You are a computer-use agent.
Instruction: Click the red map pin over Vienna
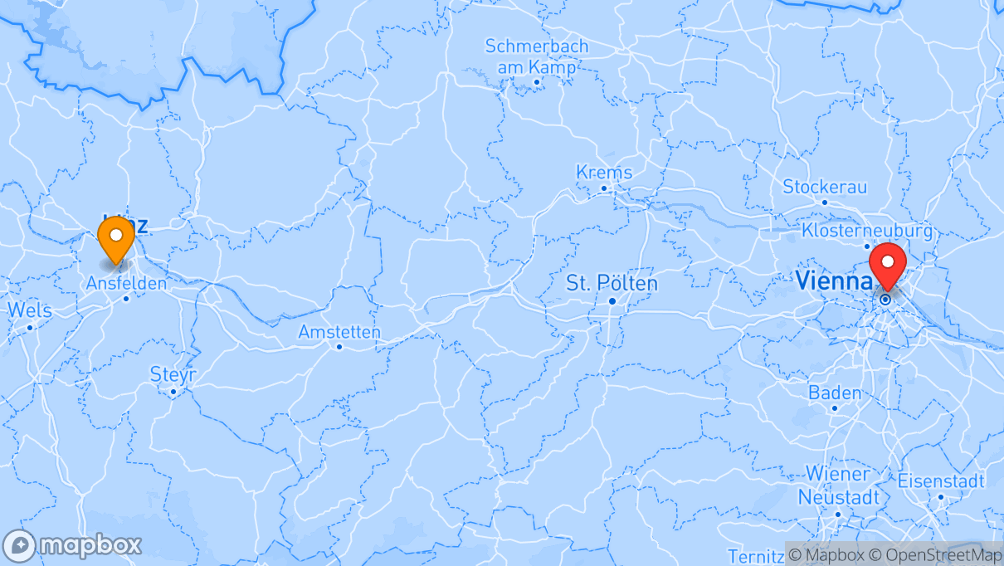pyautogui.click(x=889, y=265)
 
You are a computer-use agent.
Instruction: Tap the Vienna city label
pyautogui.click(x=831, y=281)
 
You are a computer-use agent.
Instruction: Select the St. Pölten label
pyautogui.click(x=612, y=283)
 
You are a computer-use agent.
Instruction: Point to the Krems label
pyautogui.click(x=604, y=173)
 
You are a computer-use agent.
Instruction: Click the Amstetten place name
pyautogui.click(x=339, y=332)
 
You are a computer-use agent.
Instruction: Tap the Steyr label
pyautogui.click(x=173, y=375)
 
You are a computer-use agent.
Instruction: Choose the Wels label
pyautogui.click(x=30, y=310)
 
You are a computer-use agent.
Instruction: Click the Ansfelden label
pyautogui.click(x=126, y=283)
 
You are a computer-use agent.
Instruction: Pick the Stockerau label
pyautogui.click(x=824, y=186)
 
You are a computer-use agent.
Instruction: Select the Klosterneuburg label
pyautogui.click(x=867, y=230)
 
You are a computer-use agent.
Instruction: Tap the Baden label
pyautogui.click(x=835, y=393)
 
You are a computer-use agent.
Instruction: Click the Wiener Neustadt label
pyautogui.click(x=838, y=485)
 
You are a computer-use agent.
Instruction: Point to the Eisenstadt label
pyautogui.click(x=941, y=481)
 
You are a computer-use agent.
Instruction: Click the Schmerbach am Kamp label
pyautogui.click(x=537, y=56)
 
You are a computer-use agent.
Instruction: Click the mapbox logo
pyautogui.click(x=73, y=545)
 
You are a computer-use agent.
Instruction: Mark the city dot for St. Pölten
pyautogui.click(x=612, y=300)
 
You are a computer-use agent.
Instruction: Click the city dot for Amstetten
pyautogui.click(x=339, y=347)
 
